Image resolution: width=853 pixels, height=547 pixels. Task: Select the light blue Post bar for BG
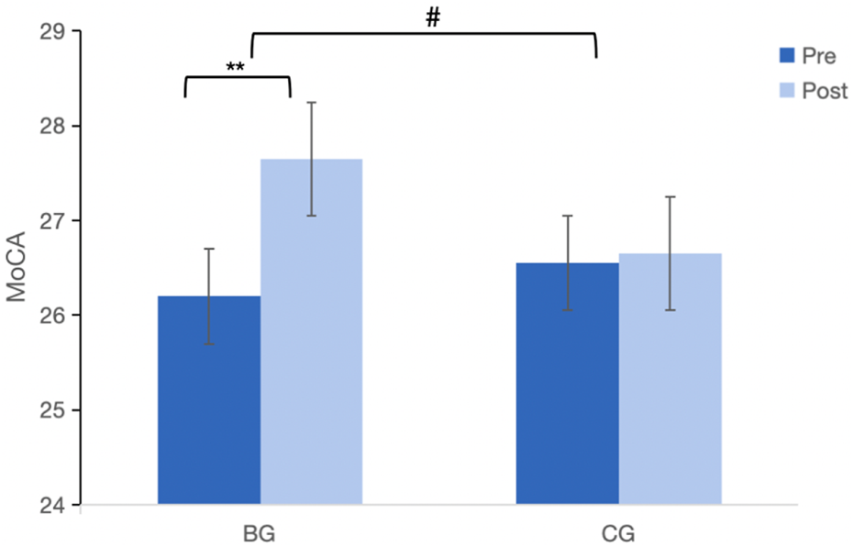pos(312,331)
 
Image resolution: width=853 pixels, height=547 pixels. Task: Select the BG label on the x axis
pos(260,534)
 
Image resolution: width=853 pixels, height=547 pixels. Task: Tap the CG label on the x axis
pos(619,534)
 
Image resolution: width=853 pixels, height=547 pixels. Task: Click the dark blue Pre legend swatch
pos(786,56)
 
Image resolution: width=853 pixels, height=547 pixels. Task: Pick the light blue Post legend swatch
pos(786,91)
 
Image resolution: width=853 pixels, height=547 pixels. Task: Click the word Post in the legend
pos(825,92)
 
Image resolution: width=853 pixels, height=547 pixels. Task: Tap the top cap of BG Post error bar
pos(312,102)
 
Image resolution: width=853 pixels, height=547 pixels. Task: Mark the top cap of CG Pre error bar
pos(567,216)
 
